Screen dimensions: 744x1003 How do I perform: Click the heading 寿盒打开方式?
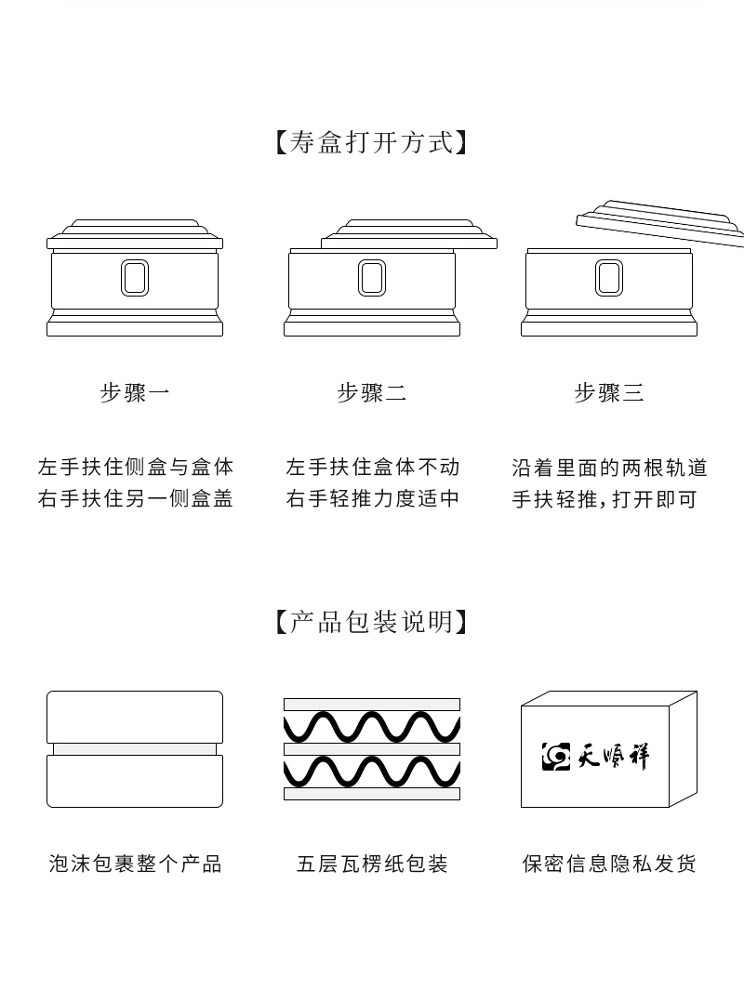(371, 143)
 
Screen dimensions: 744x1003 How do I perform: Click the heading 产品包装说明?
(371, 621)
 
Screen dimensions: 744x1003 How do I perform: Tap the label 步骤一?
(135, 392)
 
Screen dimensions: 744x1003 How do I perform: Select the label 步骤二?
(371, 392)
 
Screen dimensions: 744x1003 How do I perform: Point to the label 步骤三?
(609, 392)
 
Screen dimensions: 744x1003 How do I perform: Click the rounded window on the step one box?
(135, 278)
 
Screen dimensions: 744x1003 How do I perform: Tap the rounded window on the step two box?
(372, 278)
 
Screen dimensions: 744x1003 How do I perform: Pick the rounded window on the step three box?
(609, 278)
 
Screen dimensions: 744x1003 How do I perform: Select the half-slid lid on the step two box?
(409, 235)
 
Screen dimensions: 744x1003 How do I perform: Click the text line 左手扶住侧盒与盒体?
(136, 467)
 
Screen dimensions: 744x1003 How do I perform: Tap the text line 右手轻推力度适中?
(373, 499)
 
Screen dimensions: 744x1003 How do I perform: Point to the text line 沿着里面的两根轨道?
(609, 467)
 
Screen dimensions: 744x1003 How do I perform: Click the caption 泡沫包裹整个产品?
(135, 864)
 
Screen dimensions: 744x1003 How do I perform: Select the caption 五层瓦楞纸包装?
(372, 864)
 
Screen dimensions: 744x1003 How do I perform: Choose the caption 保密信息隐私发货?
(609, 864)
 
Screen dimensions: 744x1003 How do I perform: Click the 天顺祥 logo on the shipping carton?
(595, 756)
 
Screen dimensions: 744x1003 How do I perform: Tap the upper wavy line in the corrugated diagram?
(372, 726)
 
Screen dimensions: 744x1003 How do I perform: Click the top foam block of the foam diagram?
(135, 716)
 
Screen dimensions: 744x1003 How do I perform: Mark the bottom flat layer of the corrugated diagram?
(372, 794)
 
